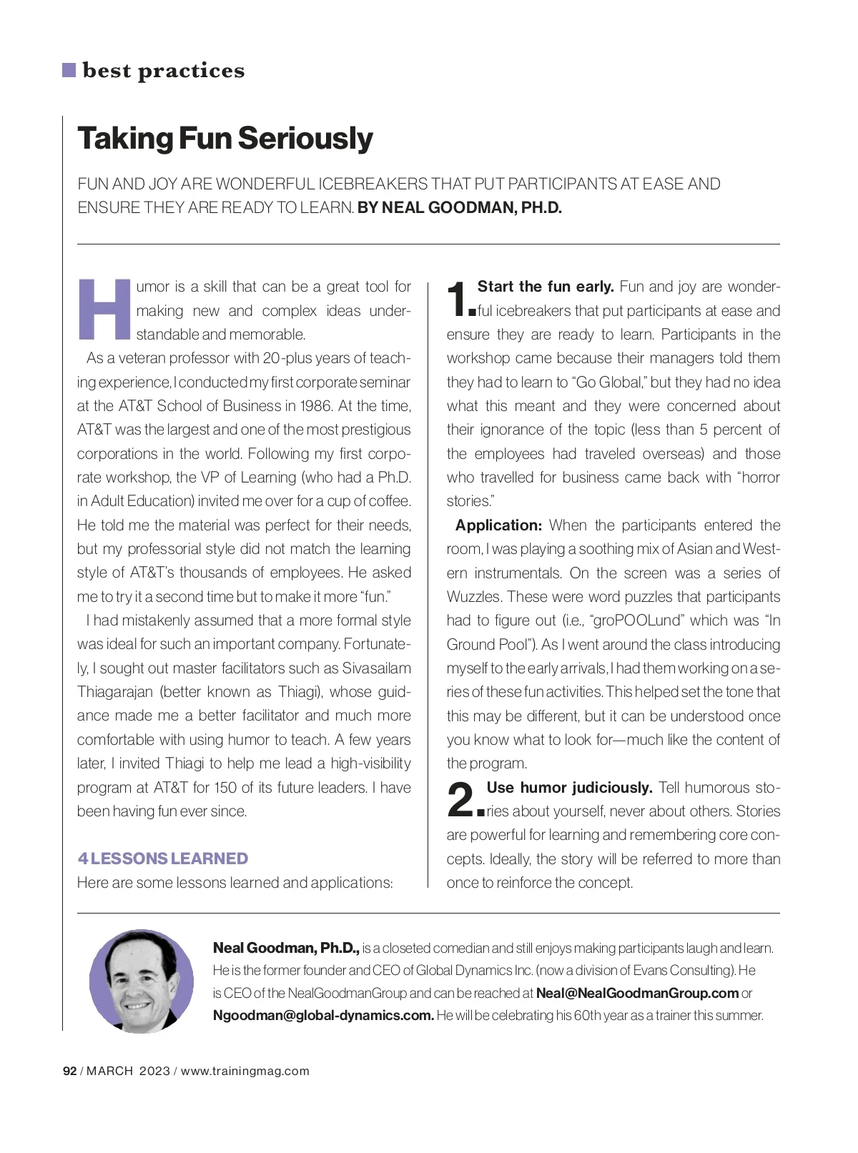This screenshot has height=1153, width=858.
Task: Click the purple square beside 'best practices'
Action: coord(69,70)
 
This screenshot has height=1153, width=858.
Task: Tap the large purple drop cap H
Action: coord(104,310)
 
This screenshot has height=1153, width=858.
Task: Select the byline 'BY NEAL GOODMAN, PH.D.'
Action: coord(460,208)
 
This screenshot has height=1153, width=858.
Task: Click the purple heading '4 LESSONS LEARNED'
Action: coord(163,858)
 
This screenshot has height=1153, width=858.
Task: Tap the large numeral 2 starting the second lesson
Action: coord(462,799)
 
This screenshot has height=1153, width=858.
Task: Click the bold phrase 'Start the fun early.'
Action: coord(546,287)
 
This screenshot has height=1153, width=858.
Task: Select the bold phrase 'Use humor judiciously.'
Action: coord(569,788)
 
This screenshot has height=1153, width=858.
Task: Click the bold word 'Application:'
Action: coord(499,525)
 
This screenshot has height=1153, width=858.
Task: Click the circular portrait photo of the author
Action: coord(142,981)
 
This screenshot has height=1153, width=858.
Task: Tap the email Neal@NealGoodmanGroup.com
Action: coord(637,993)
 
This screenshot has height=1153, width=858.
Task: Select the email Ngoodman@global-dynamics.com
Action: coord(323,1015)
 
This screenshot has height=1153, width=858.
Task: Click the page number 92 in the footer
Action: coord(70,1071)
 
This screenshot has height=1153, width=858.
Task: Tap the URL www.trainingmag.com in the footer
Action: coord(245,1071)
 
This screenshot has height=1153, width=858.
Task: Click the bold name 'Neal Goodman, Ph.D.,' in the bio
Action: coord(286,949)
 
